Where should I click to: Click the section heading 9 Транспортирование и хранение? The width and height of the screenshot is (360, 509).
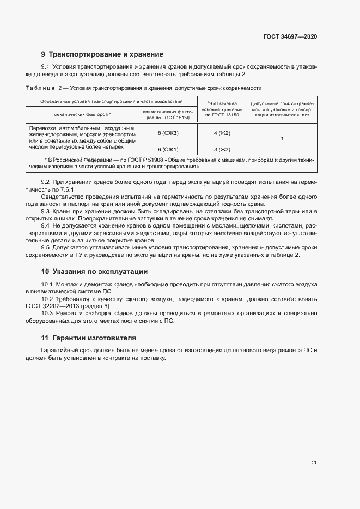[x=102, y=54]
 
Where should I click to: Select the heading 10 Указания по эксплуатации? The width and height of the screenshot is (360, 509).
[x=94, y=271]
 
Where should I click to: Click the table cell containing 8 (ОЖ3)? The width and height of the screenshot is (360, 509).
[x=168, y=133]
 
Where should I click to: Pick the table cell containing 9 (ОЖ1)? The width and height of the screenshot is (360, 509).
[x=168, y=149]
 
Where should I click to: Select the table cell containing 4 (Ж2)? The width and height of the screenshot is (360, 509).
[x=222, y=133]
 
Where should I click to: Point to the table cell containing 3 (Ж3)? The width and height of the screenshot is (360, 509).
[x=222, y=149]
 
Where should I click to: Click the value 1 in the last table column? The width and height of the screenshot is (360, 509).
[x=282, y=139]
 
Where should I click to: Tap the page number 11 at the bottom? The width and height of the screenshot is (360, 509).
[x=314, y=463]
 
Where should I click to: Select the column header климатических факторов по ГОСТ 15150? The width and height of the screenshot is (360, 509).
[x=168, y=114]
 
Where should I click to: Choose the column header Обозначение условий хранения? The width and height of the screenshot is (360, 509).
[x=222, y=109]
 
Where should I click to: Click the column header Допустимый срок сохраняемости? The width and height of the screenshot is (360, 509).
[x=282, y=109]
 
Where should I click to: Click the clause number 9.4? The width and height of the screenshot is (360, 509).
[x=46, y=225]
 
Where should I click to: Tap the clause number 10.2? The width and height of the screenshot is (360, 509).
[x=47, y=299]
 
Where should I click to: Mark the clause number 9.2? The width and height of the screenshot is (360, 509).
[x=46, y=181]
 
